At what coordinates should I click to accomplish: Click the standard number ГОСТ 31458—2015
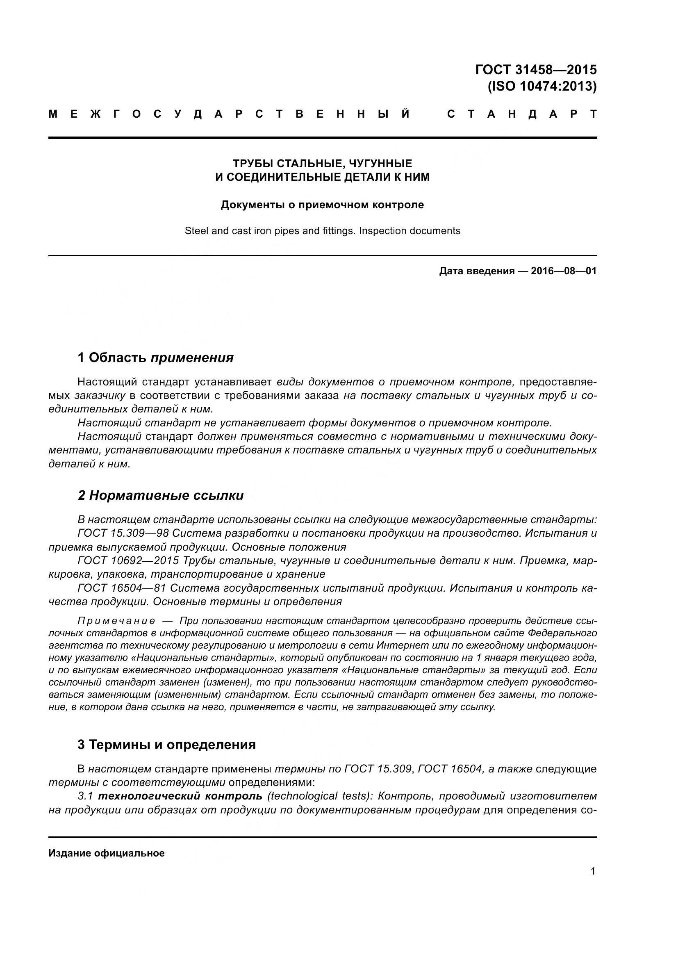point(536,69)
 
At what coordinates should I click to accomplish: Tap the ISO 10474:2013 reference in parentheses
point(542,86)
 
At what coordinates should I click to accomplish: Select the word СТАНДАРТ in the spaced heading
point(521,114)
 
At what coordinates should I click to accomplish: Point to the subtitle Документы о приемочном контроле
point(322,205)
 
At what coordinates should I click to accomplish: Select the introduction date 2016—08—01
point(563,271)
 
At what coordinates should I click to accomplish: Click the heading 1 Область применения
point(155,358)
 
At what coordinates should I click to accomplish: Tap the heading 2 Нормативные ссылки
point(161,495)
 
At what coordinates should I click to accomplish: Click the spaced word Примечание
point(116,621)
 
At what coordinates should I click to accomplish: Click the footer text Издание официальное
point(107,853)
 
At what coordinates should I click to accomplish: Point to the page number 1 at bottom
point(593,871)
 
